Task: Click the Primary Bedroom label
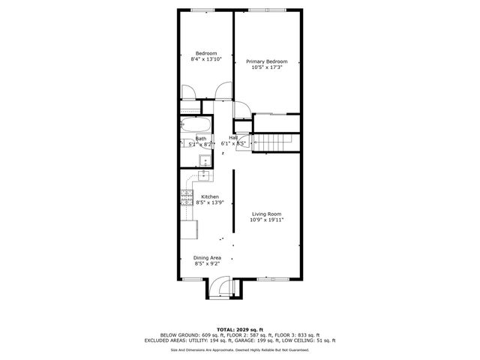tap(267, 61)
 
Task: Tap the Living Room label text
tap(266, 214)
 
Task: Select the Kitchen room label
tap(209, 196)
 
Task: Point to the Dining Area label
tap(208, 258)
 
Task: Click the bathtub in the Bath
tap(196, 125)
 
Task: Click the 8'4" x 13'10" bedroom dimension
tap(206, 58)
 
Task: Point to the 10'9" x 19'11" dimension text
tap(266, 220)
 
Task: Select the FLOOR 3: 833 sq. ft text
tap(298, 334)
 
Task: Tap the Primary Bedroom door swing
tap(241, 111)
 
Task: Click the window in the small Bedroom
tap(202, 10)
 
